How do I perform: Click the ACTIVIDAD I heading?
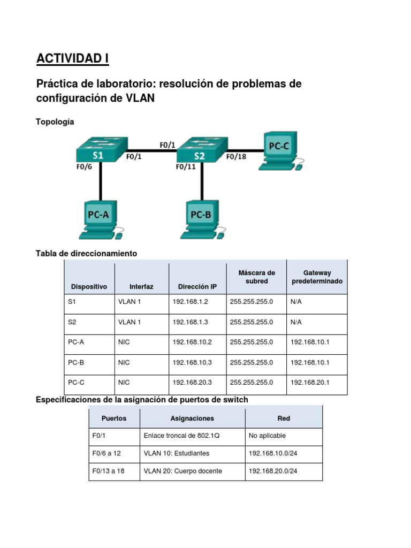tap(72, 58)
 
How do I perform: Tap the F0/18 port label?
tap(236, 157)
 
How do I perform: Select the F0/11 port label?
tap(186, 167)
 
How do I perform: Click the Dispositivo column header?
tap(89, 287)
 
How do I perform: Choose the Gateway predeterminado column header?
tap(317, 277)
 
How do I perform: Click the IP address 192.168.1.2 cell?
tap(190, 302)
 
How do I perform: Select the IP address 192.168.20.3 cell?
tap(190, 383)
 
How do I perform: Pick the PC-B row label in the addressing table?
tap(76, 362)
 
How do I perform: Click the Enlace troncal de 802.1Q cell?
tap(174, 436)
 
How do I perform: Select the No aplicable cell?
tap(268, 436)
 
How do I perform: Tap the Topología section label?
tap(55, 122)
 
